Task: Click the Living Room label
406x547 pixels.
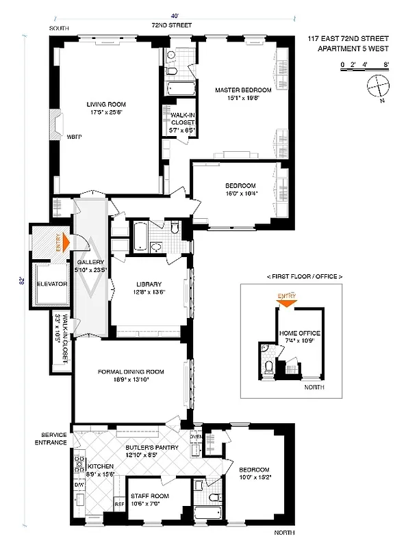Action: point(105,104)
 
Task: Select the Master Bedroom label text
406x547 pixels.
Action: point(243,90)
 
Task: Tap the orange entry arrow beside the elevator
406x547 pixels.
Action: point(66,241)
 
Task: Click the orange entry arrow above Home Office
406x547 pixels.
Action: point(287,302)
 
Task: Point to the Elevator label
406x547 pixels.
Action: point(51,283)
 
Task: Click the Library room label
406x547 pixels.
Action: point(149,284)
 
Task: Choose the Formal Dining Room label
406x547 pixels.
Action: point(131,371)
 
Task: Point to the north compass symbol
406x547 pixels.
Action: point(376,88)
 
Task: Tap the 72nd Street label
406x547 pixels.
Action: point(172,25)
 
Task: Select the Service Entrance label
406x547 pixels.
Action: point(53,438)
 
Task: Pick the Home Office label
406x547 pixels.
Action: point(300,334)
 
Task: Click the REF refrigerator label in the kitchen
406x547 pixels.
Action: point(118,504)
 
